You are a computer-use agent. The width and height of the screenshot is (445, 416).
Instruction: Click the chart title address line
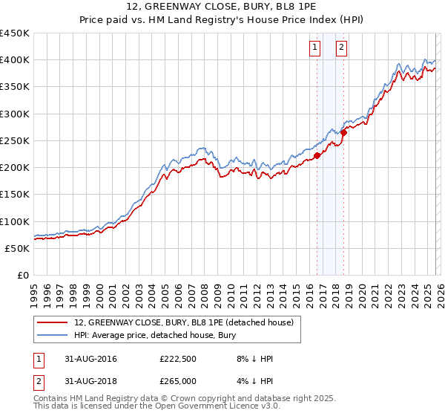click(x=222, y=6)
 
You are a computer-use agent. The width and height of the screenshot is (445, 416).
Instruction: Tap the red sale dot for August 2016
click(x=317, y=155)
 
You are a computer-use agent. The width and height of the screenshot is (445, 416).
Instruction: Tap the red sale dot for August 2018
click(x=343, y=132)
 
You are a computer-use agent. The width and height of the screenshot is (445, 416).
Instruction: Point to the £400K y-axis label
click(x=15, y=60)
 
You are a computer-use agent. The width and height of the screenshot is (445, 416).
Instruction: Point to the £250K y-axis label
click(x=15, y=140)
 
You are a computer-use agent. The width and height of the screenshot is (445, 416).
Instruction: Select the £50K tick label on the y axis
click(x=18, y=248)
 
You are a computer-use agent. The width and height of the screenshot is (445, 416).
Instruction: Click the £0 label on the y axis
click(x=23, y=276)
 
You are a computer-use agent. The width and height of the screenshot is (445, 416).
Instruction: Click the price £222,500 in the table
click(x=178, y=359)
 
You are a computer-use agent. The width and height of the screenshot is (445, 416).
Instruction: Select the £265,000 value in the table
click(x=178, y=381)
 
